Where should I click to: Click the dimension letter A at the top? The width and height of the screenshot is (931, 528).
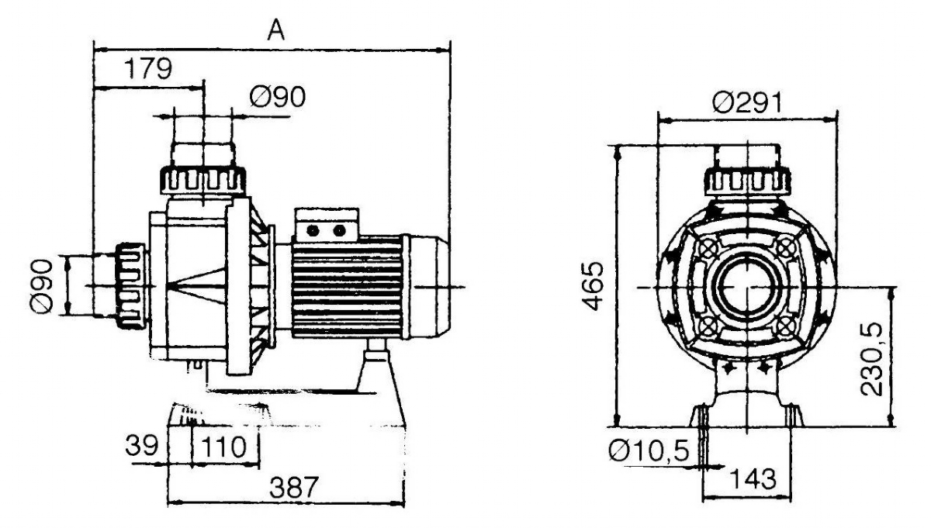pyautogui.click(x=276, y=30)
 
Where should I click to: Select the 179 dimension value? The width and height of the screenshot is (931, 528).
pyautogui.click(x=148, y=68)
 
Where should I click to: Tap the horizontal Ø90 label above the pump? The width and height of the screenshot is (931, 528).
pyautogui.click(x=278, y=96)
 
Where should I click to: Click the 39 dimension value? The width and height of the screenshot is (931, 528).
pyautogui.click(x=142, y=445)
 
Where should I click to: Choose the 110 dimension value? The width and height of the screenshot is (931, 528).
pyautogui.click(x=223, y=447)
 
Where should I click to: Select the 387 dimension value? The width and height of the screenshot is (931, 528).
pyautogui.click(x=294, y=487)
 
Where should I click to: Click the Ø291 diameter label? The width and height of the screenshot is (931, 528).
pyautogui.click(x=747, y=102)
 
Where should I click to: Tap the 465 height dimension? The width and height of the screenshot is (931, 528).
pyautogui.click(x=593, y=286)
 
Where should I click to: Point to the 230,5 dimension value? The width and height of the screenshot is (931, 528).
pyautogui.click(x=870, y=359)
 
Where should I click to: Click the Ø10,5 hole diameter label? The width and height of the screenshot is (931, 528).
pyautogui.click(x=649, y=450)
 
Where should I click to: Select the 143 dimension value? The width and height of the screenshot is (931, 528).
pyautogui.click(x=753, y=479)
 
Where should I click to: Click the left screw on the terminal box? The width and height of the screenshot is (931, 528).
pyautogui.click(x=313, y=230)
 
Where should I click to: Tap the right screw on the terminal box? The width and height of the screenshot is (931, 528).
pyautogui.click(x=340, y=230)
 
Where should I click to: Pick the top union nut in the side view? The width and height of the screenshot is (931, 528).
pyautogui.click(x=203, y=181)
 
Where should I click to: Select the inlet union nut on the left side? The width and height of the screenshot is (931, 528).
pyautogui.click(x=130, y=286)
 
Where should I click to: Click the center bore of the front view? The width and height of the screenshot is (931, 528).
pyautogui.click(x=747, y=287)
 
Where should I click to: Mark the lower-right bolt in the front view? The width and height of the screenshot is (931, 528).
pyautogui.click(x=785, y=326)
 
